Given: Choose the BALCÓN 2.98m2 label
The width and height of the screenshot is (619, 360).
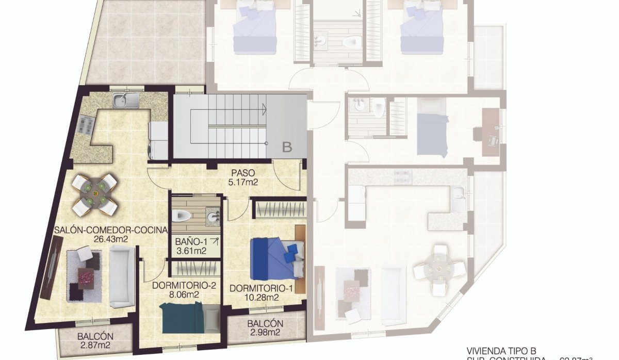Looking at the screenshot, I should (265, 328).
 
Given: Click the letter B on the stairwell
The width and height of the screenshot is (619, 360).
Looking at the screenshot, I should (287, 147).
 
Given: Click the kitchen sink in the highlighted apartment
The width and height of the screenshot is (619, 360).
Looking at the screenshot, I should (123, 100).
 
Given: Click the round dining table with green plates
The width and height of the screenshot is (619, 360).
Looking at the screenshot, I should (95, 194).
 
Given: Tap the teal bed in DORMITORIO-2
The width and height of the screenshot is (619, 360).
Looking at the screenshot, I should (181, 317).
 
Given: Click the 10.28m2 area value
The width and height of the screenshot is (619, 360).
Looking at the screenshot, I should (262, 297).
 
